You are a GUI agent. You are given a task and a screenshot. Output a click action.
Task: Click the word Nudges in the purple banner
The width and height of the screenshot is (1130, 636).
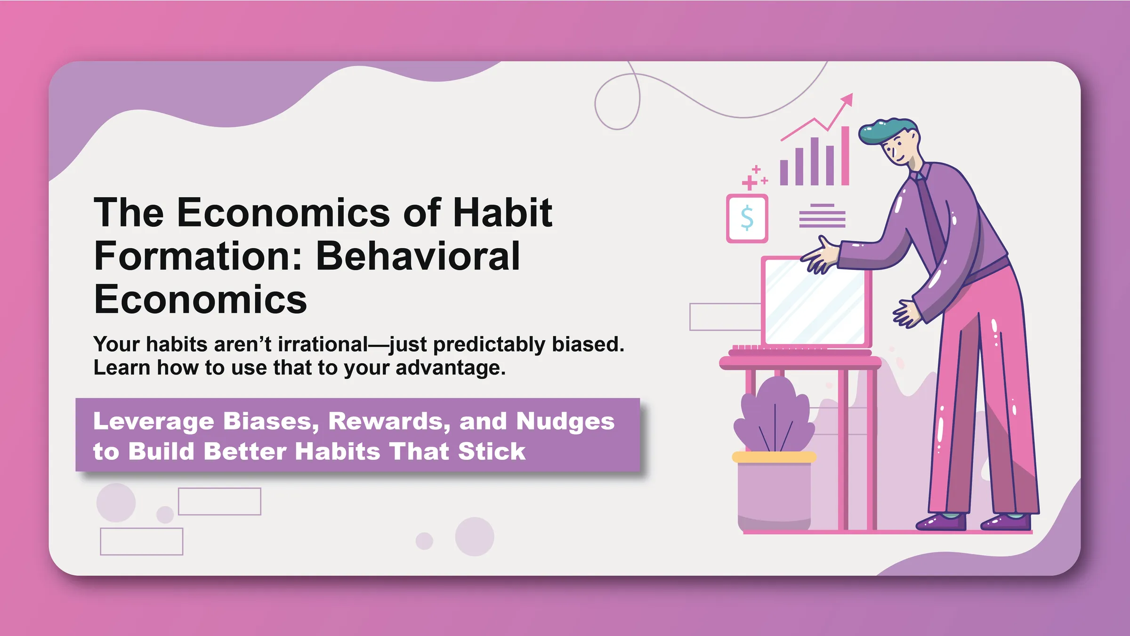[565, 421]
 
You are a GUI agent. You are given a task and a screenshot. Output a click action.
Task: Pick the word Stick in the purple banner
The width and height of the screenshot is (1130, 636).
[492, 451]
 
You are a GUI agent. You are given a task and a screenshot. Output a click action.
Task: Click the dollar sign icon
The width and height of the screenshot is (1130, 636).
[747, 219]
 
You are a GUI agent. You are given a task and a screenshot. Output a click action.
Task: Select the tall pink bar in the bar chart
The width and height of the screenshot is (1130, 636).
[845, 155]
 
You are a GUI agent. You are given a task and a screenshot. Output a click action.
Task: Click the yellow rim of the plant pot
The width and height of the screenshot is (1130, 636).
[774, 457]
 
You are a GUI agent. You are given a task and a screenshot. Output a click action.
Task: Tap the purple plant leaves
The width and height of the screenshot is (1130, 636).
[775, 415]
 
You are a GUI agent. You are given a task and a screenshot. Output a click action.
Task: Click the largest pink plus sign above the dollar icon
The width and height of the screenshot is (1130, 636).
[749, 182]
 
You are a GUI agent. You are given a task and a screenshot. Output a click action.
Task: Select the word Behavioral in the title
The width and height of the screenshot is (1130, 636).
[418, 256]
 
